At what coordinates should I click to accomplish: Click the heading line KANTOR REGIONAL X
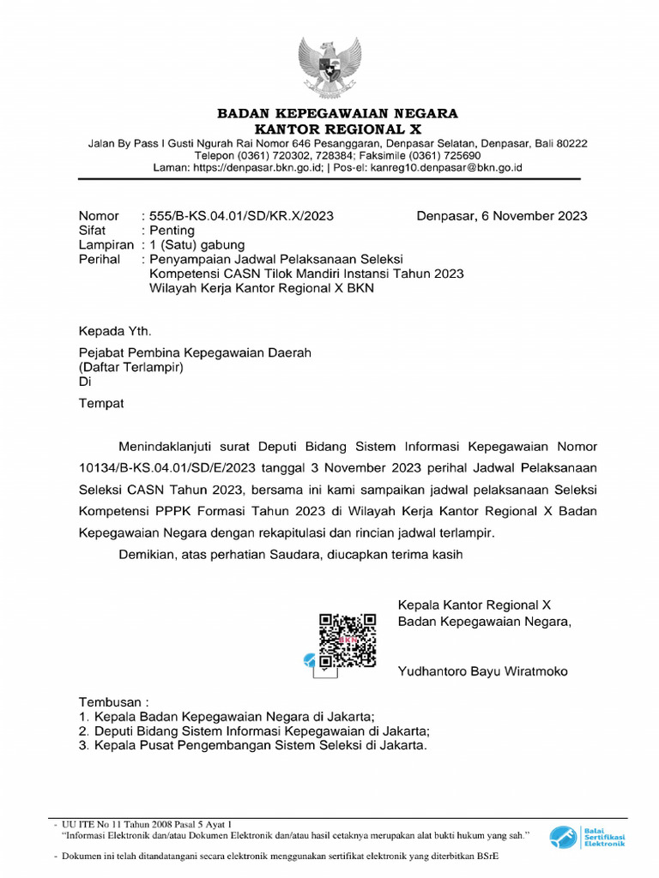pos(336,129)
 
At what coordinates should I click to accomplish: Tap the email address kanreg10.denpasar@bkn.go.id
pos(446,168)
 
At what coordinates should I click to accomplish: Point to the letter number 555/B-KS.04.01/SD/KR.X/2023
pos(242,216)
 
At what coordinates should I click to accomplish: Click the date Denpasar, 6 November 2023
pos(502,216)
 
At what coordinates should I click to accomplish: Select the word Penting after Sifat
pos(172,231)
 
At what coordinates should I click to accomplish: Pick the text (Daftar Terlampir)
pos(131,367)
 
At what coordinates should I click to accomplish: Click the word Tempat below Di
pos(101,403)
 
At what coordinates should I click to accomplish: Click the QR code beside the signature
pos(348,640)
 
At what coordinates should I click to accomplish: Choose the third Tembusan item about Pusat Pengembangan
pos(252,746)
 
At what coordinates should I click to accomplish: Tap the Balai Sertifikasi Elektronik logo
pos(588,836)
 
